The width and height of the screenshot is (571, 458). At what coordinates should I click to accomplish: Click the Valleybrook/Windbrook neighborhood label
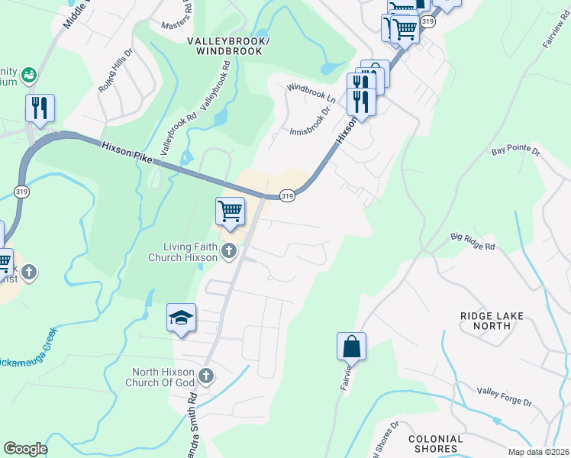pos(228,46)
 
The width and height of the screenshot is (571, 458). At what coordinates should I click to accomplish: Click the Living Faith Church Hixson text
pos(183,252)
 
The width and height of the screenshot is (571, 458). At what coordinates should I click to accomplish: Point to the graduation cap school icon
pos(182,318)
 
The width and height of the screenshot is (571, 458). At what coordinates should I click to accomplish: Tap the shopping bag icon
pos(351,347)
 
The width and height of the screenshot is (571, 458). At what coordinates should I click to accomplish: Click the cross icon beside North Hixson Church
pos(206,376)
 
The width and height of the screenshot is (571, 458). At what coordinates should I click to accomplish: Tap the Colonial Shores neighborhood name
pos(436,443)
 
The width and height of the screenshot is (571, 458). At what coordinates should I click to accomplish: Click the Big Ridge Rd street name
pos(473,243)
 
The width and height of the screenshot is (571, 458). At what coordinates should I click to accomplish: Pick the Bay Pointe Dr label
pos(515,152)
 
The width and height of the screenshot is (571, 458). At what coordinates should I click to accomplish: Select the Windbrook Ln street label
pos(311,94)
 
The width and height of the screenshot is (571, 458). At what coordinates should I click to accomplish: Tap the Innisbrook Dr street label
pos(310,121)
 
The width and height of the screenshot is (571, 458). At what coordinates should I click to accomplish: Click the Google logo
pos(25,448)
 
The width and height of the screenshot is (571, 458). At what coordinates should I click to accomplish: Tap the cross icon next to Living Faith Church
pos(228,250)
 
